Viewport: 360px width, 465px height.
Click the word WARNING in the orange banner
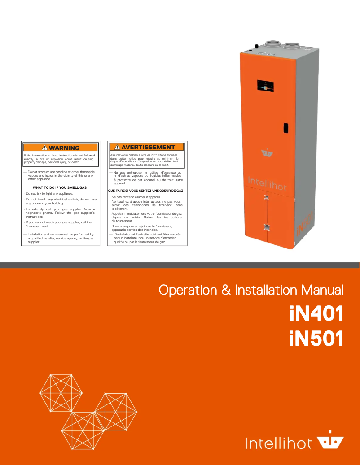[x=64, y=148]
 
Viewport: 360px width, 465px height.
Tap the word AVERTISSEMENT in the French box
[x=148, y=147]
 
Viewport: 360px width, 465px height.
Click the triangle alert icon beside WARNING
[x=44, y=148]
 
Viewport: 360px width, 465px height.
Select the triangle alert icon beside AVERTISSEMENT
[x=117, y=147]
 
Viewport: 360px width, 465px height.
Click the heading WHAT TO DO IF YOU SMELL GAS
[x=60, y=187]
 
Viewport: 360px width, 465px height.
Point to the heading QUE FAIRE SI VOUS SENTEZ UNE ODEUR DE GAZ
[x=145, y=191]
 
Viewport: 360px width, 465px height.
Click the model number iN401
[x=316, y=314]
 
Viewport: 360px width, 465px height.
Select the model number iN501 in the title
[x=316, y=339]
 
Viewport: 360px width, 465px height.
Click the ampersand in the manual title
[x=226, y=290]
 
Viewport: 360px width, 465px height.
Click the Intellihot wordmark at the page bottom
[x=278, y=443]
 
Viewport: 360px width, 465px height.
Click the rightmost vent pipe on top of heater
[x=292, y=45]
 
